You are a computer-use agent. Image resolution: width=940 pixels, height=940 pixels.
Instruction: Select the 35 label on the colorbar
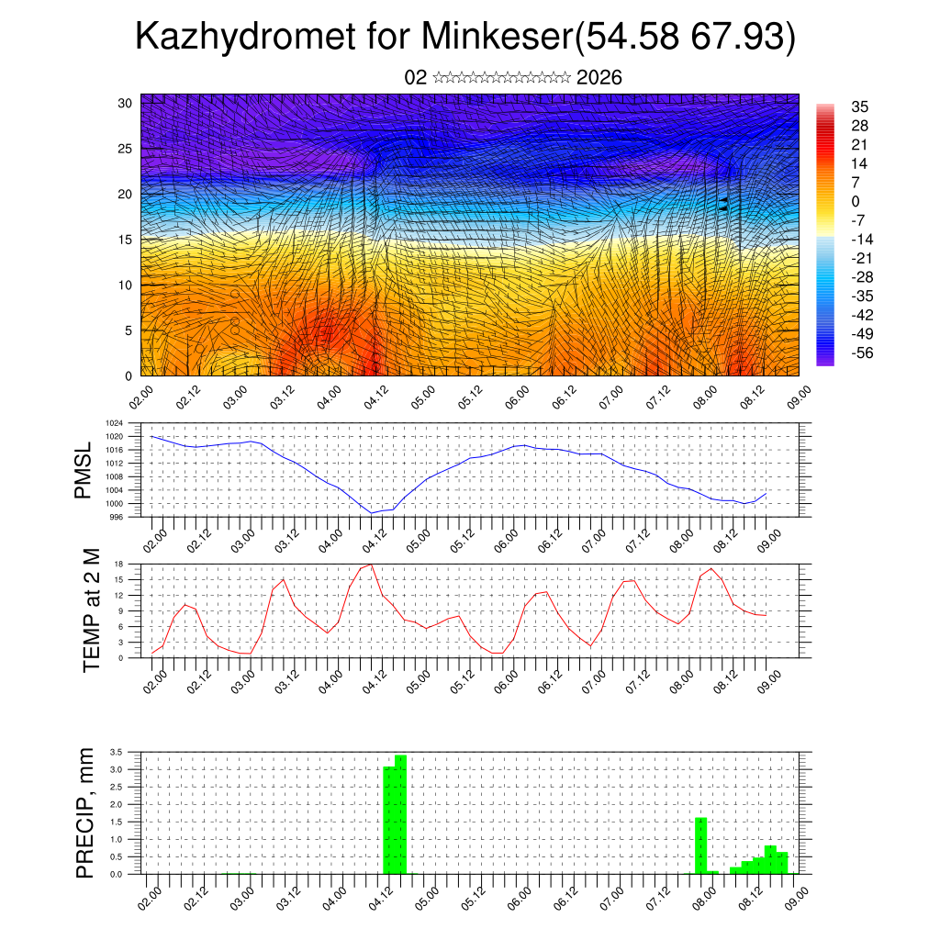[x=860, y=106]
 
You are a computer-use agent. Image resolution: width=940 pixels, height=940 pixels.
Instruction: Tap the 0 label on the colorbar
[x=856, y=201]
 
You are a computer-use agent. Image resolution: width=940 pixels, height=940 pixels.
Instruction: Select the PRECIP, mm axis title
[x=84, y=812]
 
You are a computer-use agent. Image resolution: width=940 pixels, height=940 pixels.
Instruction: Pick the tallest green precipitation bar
[x=400, y=813]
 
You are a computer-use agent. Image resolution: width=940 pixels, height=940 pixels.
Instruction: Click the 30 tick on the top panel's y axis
[x=126, y=102]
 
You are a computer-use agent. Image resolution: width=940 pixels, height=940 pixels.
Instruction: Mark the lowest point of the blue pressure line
[x=372, y=513]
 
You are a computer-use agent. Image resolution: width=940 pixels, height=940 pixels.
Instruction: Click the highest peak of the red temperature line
[x=370, y=564]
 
